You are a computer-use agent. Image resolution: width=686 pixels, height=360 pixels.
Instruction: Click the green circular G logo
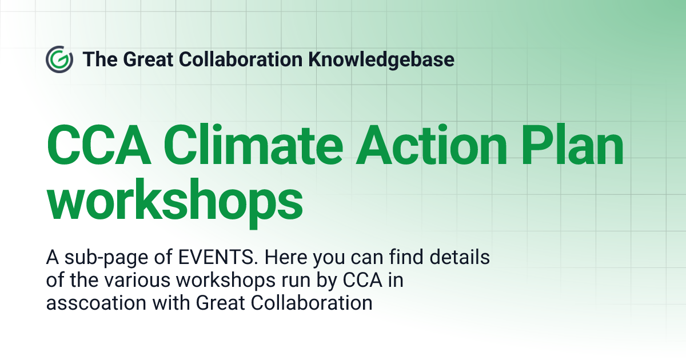(x=59, y=59)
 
